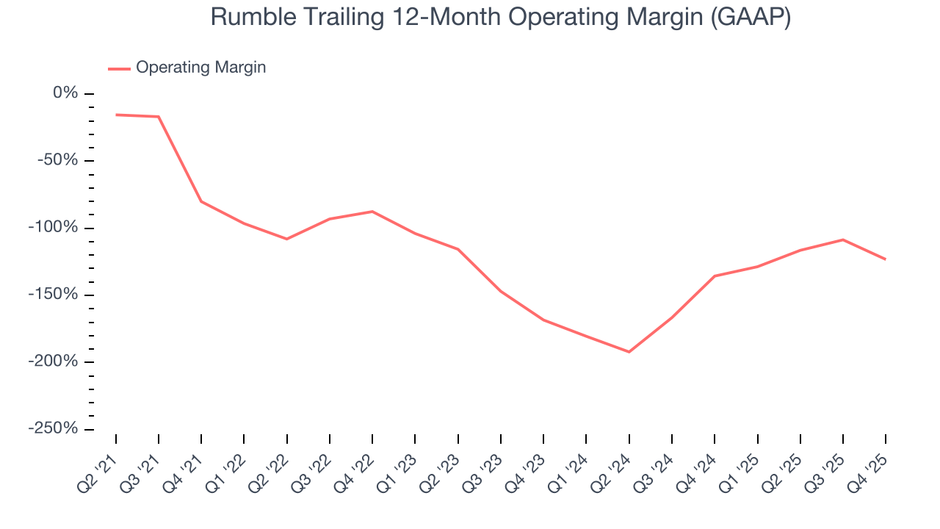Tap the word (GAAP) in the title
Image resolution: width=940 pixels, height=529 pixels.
pos(750,16)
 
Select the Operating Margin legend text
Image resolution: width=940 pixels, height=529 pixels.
pos(200,68)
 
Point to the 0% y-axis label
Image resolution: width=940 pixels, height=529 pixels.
pos(65,93)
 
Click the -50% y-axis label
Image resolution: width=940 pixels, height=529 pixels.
pos(58,160)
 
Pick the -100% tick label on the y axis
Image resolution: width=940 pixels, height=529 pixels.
pos(54,227)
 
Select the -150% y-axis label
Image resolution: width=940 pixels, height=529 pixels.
pos(54,295)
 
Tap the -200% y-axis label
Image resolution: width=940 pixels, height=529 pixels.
pos(54,361)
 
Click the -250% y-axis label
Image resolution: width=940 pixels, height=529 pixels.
pos(54,428)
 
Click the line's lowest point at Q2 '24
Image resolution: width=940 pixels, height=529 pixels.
pos(629,352)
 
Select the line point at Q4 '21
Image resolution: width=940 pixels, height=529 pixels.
pos(201,201)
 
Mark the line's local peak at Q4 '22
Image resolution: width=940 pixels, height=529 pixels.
pos(372,212)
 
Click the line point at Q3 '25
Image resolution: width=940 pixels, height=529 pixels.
pos(843,240)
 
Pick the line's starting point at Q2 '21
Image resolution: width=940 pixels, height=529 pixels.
pos(116,115)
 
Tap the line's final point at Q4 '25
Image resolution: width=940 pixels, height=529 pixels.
pos(886,259)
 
